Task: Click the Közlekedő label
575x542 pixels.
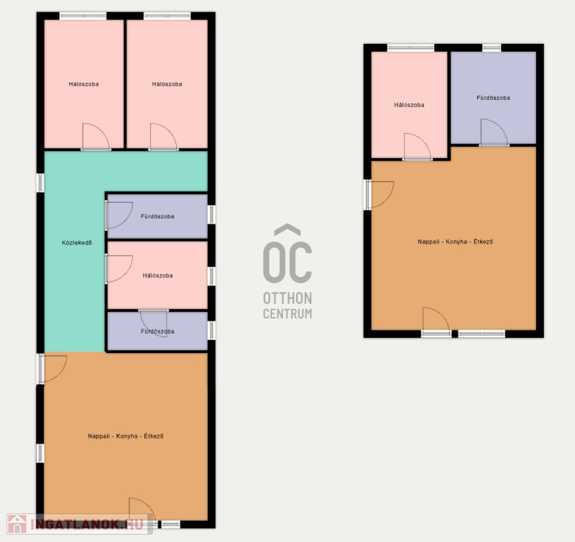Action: (77, 243)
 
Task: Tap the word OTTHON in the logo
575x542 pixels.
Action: (287, 298)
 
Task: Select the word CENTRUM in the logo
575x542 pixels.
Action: (287, 314)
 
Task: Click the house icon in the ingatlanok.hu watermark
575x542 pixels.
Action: (17, 524)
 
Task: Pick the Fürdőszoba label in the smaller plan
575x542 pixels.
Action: (493, 98)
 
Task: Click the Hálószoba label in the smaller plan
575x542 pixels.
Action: (409, 105)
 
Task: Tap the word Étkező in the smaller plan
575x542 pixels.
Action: (483, 242)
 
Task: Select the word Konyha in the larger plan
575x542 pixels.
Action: (126, 436)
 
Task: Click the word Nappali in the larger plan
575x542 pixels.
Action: (98, 436)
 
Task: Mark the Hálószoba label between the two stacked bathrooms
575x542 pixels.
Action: (157, 275)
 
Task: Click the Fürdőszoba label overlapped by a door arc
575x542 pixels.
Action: (157, 331)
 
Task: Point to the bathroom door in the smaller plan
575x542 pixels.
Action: (494, 133)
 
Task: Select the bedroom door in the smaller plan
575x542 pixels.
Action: (418, 147)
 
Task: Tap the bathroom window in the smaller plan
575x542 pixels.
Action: (492, 47)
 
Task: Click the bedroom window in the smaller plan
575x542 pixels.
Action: (410, 47)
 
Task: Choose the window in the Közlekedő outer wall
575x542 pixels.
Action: (40, 183)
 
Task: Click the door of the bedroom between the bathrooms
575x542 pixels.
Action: (119, 269)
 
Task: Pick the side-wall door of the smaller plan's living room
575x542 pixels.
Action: (379, 195)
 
